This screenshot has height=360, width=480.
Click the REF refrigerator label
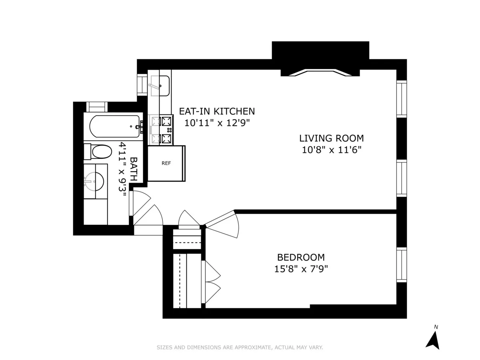point(166,163)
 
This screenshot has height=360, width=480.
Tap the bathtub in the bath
point(114,126)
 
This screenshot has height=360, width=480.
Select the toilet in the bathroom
point(98,152)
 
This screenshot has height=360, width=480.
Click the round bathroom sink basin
point(95,182)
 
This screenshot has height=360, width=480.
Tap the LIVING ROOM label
point(331,138)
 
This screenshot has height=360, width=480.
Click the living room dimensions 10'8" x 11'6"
point(331,150)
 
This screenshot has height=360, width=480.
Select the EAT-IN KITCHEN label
point(216,111)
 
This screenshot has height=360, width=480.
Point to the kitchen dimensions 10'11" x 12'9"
point(217,123)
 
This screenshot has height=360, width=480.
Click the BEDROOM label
point(301,257)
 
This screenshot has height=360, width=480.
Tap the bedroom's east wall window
point(401,265)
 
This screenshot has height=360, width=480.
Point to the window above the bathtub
point(97,107)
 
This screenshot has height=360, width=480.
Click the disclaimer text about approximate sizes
point(240,348)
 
